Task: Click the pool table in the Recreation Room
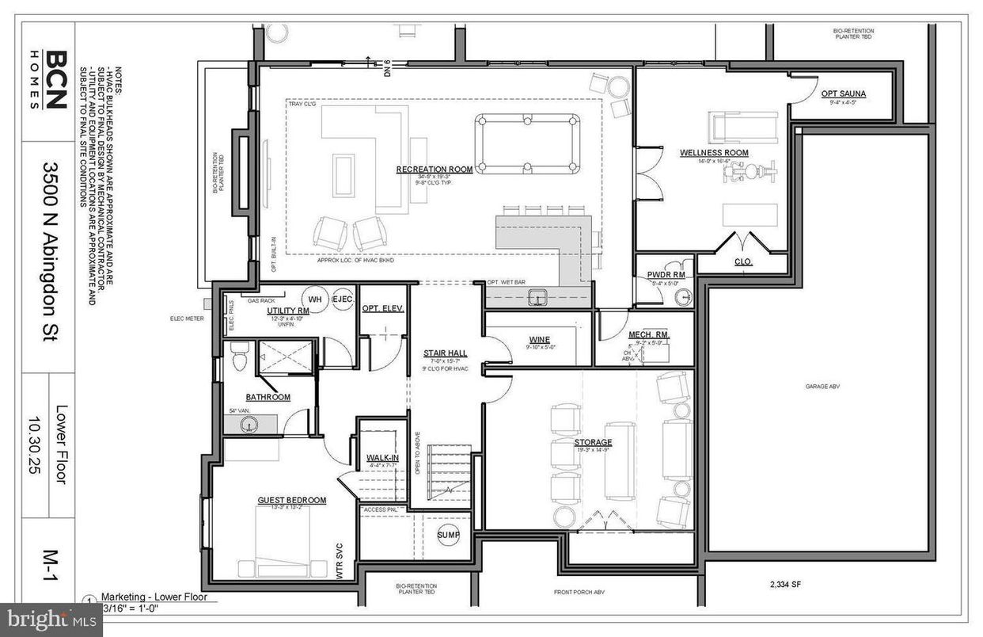527,143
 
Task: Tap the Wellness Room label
714,153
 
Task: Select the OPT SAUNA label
843,93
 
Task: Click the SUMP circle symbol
449,536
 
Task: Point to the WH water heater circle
314,299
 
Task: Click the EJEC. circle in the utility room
342,299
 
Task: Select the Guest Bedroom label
291,500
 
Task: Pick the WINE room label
539,340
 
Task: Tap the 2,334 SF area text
784,585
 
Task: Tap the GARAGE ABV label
816,386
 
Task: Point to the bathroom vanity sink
249,425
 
